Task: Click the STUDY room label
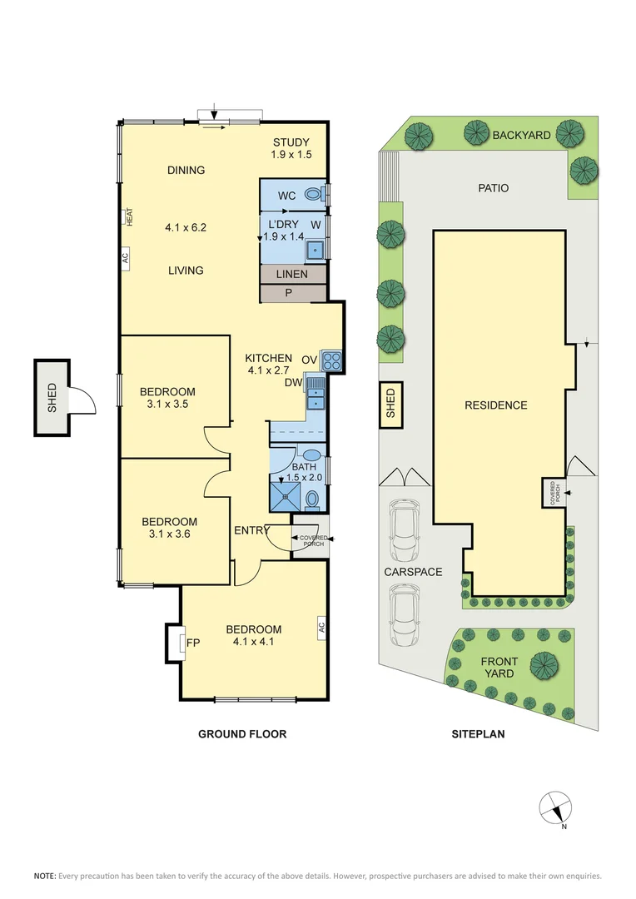(x=291, y=142)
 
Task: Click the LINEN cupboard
(x=291, y=275)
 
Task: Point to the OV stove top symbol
(x=331, y=360)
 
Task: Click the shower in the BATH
(x=286, y=496)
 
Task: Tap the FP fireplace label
(x=192, y=643)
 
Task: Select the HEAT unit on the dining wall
(x=129, y=216)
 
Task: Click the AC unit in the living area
(x=126, y=260)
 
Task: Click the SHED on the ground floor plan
(x=52, y=398)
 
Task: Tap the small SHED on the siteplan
(x=390, y=405)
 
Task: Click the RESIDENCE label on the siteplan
(x=496, y=405)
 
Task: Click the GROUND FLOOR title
(x=241, y=734)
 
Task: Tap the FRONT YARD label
(x=499, y=668)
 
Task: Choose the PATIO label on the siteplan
(x=493, y=188)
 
